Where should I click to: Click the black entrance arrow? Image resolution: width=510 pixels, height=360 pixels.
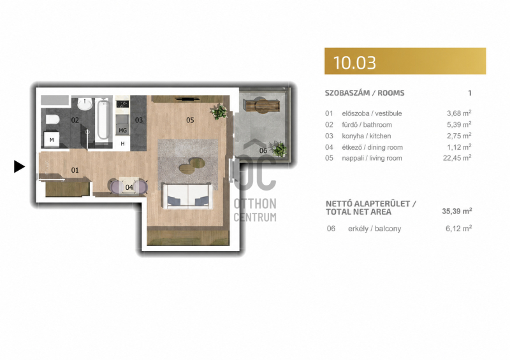coord(19,166)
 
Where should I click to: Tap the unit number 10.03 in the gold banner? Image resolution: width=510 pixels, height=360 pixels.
coord(354,62)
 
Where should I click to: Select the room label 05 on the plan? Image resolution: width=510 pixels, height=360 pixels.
coord(190,120)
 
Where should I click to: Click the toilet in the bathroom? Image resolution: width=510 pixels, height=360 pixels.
coord(52,119)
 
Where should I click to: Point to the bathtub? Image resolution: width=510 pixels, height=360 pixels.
coord(103,119)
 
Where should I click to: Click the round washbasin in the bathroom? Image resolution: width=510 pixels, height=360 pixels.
coord(85,104)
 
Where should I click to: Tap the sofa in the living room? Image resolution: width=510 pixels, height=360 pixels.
coord(187,196)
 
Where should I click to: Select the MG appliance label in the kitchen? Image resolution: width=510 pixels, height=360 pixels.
coord(122,131)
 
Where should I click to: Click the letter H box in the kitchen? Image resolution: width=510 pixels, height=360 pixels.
coord(122,143)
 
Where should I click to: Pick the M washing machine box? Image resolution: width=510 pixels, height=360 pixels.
coord(52,140)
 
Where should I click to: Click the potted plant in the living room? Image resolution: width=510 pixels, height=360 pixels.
coord(219,112)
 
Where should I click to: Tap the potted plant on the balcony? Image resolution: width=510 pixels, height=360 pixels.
coord(279,149)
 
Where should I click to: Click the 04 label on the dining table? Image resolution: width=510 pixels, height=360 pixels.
coord(129,187)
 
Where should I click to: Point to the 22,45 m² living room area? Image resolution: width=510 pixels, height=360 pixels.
coord(457,158)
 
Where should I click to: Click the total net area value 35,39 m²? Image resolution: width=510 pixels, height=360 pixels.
coord(457,211)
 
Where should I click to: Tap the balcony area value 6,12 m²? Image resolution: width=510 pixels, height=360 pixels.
coord(458,228)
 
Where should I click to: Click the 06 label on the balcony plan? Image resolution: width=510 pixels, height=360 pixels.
coord(263,150)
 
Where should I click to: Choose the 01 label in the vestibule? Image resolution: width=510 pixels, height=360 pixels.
coord(75,170)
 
